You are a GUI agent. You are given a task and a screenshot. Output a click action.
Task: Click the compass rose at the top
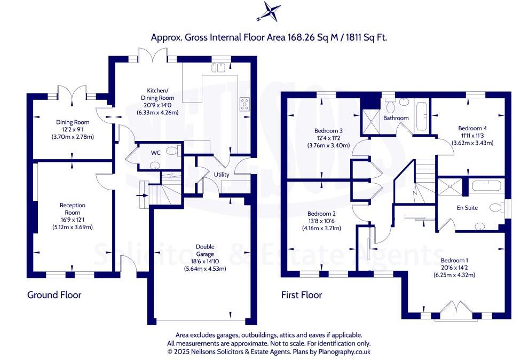pyautogui.click(x=269, y=11)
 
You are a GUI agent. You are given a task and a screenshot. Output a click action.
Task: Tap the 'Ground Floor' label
pyautogui.click(x=54, y=295)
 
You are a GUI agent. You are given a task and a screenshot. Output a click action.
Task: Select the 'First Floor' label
pyautogui.click(x=302, y=295)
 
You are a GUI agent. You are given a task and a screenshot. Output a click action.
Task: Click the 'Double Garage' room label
pyautogui.click(x=205, y=251)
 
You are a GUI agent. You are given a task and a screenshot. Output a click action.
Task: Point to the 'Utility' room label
pyautogui.click(x=222, y=175)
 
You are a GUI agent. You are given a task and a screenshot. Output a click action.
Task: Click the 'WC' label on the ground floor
pyautogui.click(x=155, y=153)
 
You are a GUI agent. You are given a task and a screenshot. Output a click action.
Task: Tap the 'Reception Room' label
pyautogui.click(x=73, y=209)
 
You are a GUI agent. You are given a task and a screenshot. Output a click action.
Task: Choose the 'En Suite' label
pyautogui.click(x=467, y=208)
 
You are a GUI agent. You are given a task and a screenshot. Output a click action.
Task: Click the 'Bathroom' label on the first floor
pyautogui.click(x=396, y=118)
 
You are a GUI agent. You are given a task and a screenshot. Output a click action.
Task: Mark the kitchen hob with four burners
pyautogui.click(x=245, y=104)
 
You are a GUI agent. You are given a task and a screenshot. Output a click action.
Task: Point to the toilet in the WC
pyautogui.click(x=173, y=151)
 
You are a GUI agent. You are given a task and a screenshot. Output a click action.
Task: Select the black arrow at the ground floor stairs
pyautogui.click(x=142, y=195)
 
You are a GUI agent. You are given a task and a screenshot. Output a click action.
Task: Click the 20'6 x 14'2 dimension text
pyautogui.click(x=454, y=268)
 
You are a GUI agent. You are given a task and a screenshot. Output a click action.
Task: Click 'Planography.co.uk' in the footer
pyautogui.click(x=344, y=351)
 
